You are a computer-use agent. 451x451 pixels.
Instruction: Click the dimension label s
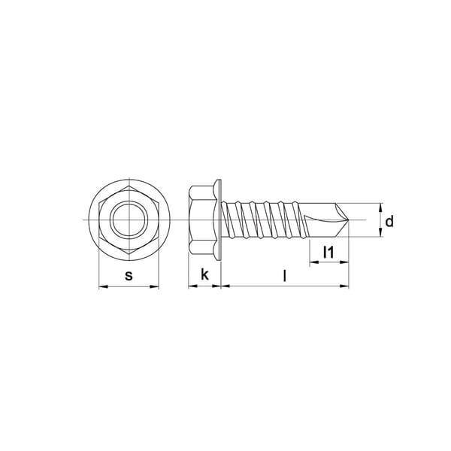(x=129, y=276)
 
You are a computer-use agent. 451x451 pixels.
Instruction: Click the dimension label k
(x=204, y=274)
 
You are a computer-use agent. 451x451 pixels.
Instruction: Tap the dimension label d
(x=389, y=222)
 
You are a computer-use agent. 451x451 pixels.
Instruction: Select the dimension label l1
(x=328, y=253)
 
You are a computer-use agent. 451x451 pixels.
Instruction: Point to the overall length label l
(x=284, y=276)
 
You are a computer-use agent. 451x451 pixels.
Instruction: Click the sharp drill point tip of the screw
(x=348, y=220)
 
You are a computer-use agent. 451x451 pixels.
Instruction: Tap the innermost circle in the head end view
(x=129, y=220)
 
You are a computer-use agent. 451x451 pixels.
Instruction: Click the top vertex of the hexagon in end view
(x=129, y=186)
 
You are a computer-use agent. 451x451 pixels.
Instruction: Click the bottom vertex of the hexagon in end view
(x=129, y=254)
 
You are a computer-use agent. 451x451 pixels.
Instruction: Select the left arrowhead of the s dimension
(x=103, y=286)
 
